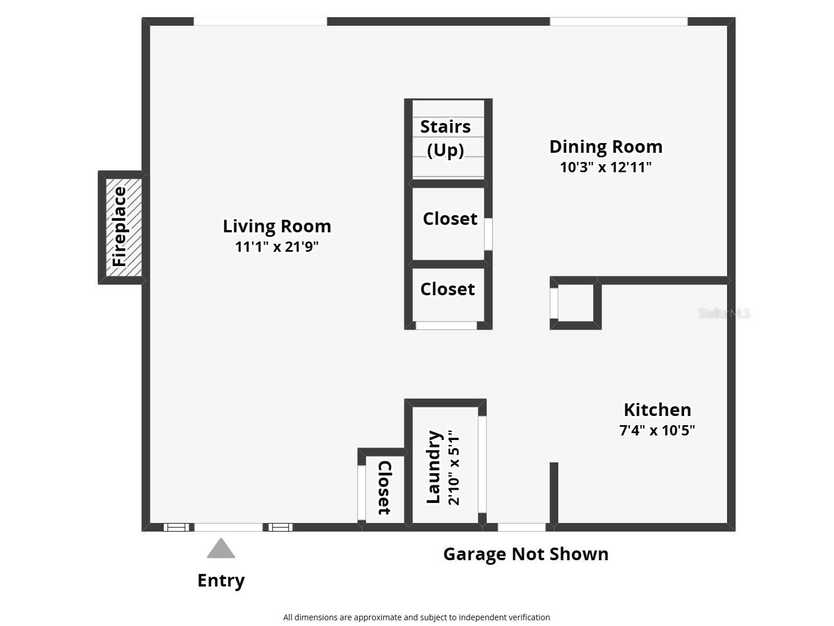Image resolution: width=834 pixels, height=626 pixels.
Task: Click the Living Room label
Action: pyautogui.click(x=277, y=226)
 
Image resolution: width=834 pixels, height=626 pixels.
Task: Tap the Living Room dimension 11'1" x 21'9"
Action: pyautogui.click(x=277, y=247)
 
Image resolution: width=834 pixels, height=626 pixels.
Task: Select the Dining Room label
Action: pyautogui.click(x=606, y=146)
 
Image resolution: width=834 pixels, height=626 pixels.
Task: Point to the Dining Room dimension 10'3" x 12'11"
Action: pyautogui.click(x=606, y=167)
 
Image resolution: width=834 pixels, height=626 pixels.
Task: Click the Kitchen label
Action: pyautogui.click(x=657, y=410)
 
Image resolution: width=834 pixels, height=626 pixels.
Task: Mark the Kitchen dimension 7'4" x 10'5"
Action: pyautogui.click(x=657, y=430)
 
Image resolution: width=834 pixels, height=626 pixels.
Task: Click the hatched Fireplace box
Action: pyautogui.click(x=121, y=227)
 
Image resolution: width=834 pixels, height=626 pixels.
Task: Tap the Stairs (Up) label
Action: pyautogui.click(x=446, y=138)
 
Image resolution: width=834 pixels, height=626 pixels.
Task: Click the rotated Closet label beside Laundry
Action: pyautogui.click(x=384, y=488)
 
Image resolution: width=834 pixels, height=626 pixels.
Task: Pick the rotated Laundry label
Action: pyautogui.click(x=434, y=467)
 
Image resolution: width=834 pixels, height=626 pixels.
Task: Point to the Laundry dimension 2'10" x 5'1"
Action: pyautogui.click(x=453, y=467)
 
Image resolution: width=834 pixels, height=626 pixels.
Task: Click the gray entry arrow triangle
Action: pyautogui.click(x=221, y=549)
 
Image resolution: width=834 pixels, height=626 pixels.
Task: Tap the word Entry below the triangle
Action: pyautogui.click(x=221, y=580)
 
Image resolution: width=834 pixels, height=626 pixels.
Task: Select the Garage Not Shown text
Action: pyautogui.click(x=526, y=554)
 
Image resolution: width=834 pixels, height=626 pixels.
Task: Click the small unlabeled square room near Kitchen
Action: pyautogui.click(x=575, y=303)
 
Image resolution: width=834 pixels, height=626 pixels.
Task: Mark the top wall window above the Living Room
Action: pyautogui.click(x=260, y=22)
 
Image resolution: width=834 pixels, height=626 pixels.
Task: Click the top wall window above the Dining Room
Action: pyautogui.click(x=618, y=22)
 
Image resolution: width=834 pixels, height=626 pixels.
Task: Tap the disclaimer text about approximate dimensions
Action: pyautogui.click(x=416, y=617)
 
